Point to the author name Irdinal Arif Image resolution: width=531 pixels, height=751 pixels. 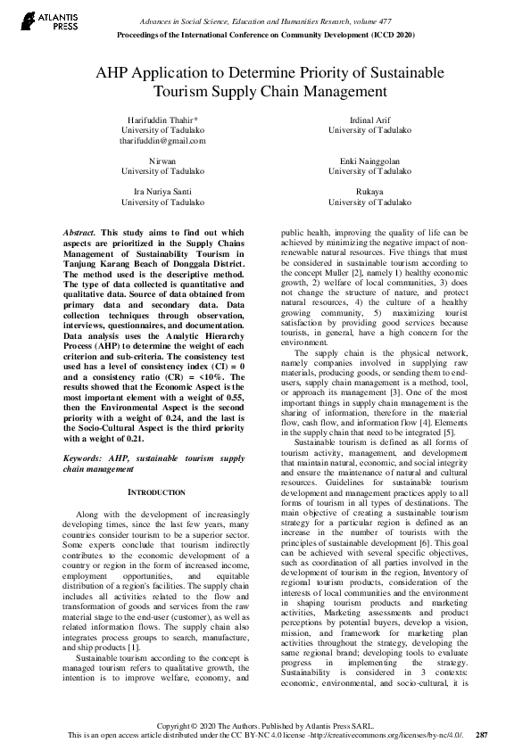coord(369,119)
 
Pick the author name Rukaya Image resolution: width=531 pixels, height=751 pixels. coord(369,192)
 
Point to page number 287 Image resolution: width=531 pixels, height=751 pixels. coord(482,736)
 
